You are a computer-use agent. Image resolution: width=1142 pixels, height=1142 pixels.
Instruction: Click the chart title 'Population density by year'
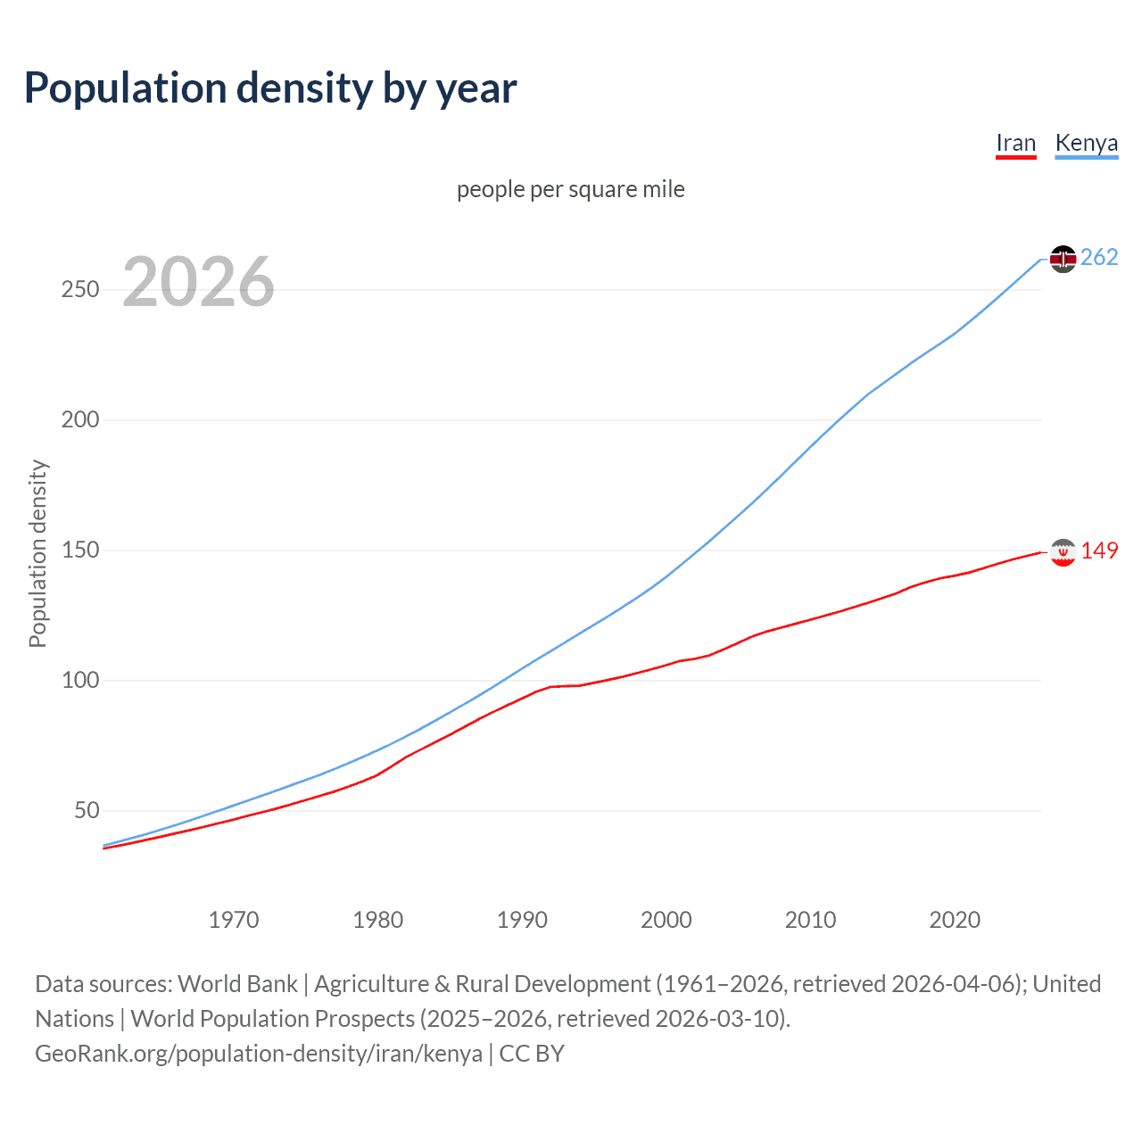click(270, 88)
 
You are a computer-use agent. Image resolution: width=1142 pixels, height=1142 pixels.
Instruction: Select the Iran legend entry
click(1015, 143)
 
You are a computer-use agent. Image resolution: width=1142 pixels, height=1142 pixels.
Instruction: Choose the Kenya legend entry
click(1086, 143)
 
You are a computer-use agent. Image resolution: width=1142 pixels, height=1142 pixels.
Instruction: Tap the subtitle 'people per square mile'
click(570, 189)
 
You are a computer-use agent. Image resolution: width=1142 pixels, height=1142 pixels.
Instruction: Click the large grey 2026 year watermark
click(198, 282)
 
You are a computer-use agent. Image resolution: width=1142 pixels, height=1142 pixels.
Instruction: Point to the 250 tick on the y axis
click(80, 290)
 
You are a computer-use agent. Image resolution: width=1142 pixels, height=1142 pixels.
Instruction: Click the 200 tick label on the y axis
click(80, 420)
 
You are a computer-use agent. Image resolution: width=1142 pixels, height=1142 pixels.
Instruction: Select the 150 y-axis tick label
click(80, 550)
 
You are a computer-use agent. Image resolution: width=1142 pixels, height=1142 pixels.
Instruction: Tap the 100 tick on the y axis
click(80, 681)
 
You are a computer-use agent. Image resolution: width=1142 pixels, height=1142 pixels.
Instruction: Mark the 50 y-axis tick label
click(87, 811)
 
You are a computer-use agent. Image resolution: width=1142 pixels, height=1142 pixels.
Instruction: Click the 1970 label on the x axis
click(234, 920)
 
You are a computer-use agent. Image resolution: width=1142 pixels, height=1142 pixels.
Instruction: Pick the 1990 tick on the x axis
click(522, 920)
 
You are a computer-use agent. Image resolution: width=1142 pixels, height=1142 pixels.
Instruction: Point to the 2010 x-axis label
click(810, 920)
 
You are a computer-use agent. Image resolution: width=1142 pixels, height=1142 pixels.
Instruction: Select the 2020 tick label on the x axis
click(955, 920)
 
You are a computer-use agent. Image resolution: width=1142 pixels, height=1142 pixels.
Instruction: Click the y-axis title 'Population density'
click(37, 553)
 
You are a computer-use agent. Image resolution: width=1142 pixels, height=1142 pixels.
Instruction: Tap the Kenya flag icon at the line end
click(1063, 259)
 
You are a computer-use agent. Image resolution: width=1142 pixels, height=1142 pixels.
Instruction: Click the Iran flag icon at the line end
click(1063, 552)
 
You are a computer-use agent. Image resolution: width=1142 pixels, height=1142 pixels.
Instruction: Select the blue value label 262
click(1099, 258)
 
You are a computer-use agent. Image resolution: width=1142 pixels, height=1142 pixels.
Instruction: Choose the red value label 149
click(1099, 551)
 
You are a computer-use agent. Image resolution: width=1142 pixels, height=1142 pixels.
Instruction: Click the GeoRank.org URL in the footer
click(259, 1054)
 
